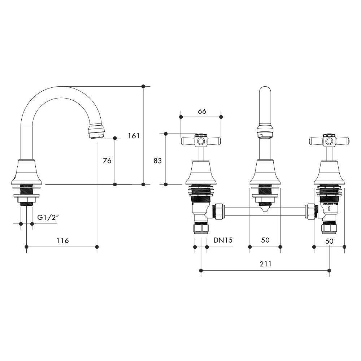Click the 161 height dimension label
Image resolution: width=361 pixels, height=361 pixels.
pyautogui.click(x=134, y=136)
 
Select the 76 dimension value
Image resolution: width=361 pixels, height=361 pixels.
pyautogui.click(x=107, y=161)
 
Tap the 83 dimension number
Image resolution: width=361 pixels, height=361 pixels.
pyautogui.click(x=158, y=161)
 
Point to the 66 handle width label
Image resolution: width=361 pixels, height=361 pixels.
pyautogui.click(x=202, y=112)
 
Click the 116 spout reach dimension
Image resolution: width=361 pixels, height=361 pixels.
pyautogui.click(x=62, y=240)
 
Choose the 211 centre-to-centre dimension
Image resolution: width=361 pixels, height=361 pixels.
pyautogui.click(x=265, y=264)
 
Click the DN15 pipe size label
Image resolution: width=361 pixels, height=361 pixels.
pyautogui.click(x=222, y=240)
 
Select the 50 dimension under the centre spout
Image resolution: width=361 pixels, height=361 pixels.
pyautogui.click(x=265, y=240)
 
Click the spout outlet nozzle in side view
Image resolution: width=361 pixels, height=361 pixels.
pyautogui.click(x=96, y=132)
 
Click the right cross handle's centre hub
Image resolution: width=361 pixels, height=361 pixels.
pyautogui.click(x=329, y=140)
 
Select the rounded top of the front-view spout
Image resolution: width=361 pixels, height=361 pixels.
pyautogui.click(x=265, y=91)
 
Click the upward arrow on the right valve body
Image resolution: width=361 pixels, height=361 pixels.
pyautogui.click(x=329, y=208)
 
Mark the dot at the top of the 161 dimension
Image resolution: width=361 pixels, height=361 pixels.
pyautogui.click(x=143, y=86)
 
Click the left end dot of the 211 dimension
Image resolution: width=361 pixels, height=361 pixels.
pyautogui.click(x=201, y=270)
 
